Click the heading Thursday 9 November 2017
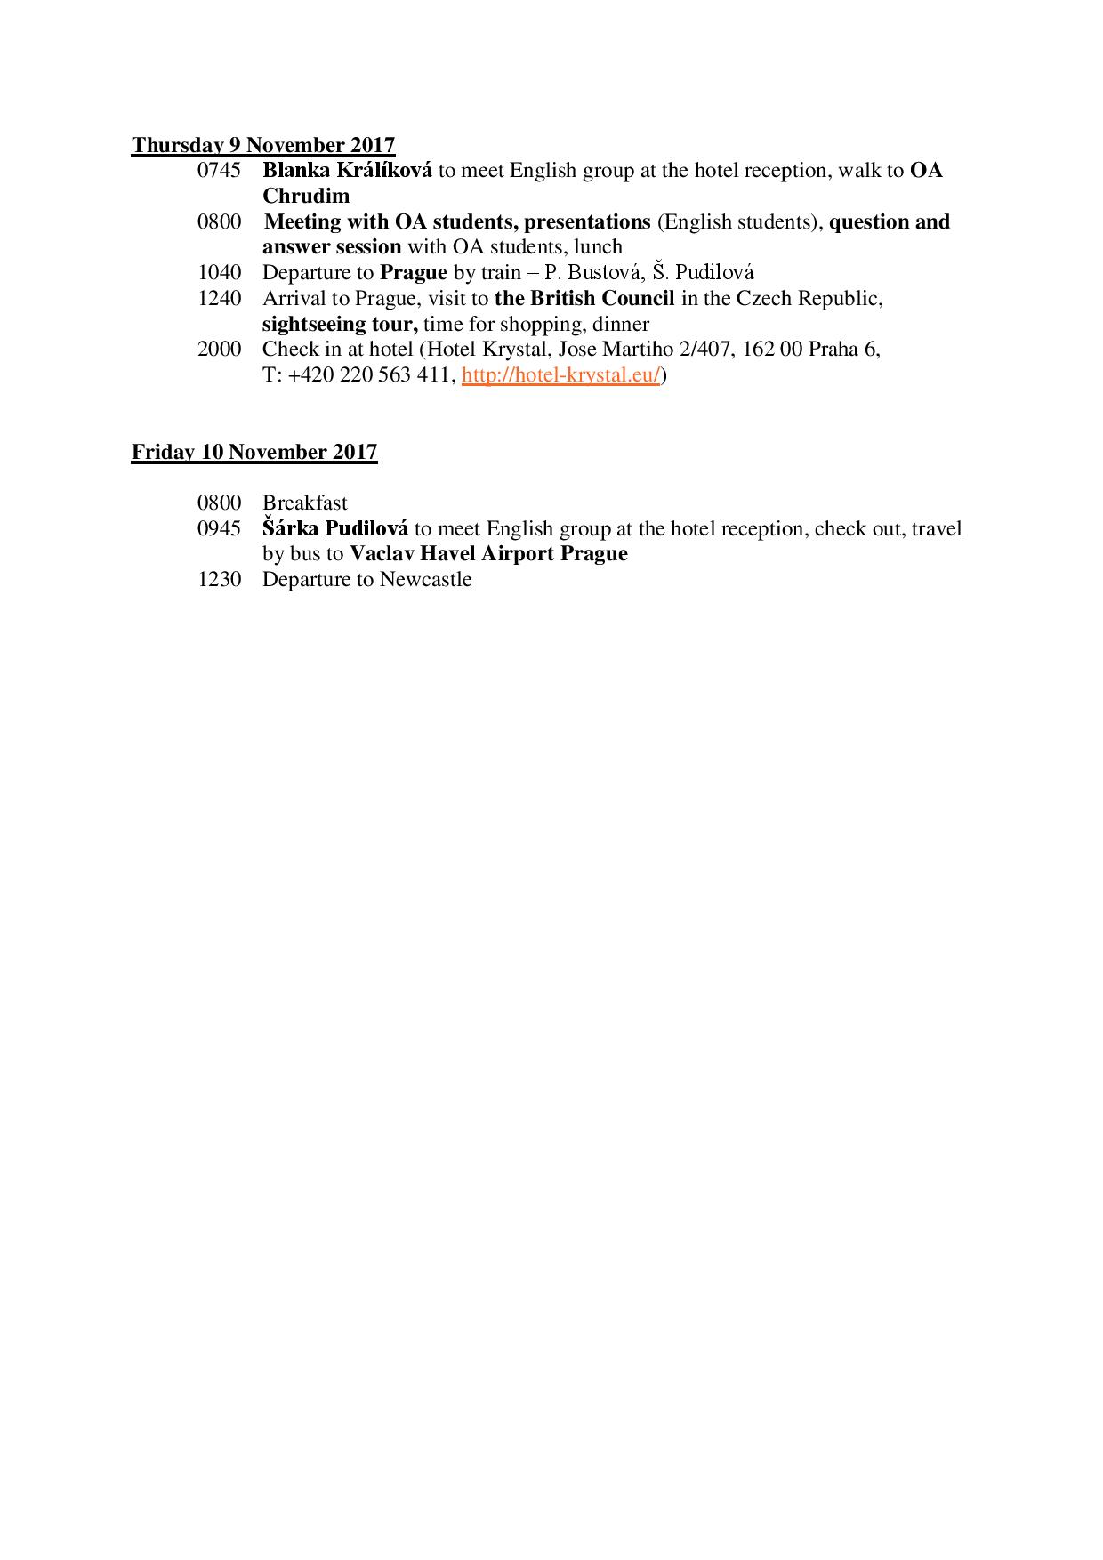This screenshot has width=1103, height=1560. coord(263,145)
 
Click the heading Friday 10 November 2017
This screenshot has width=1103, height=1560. coord(254,452)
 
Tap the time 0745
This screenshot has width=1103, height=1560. coord(219,171)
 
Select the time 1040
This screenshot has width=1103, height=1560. coord(219,272)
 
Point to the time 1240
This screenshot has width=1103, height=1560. coord(219,298)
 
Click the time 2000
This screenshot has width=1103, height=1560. coord(219,349)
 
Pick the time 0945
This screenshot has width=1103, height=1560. coord(219,528)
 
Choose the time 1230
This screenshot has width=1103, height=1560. coord(219,580)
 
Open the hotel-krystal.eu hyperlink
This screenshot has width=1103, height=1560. coord(561,375)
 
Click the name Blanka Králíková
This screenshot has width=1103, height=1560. coord(347,171)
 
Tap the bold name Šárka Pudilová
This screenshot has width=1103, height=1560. coord(335,528)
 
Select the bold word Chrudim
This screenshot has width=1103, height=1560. coord(306,197)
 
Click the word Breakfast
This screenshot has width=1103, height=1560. coord(305,503)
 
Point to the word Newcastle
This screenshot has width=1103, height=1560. coord(425,580)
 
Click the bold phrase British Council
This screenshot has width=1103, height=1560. coord(602,298)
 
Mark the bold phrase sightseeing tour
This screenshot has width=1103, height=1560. coord(340,324)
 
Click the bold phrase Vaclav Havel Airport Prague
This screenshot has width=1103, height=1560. coord(488,554)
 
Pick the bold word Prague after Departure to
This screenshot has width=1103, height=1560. coord(413,272)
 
